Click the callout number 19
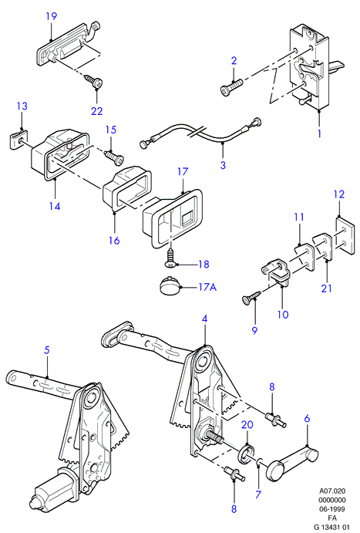pos(52,16)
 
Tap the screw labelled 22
pos(93,80)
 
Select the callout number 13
pos(22,106)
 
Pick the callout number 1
pos(319,133)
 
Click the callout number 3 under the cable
pos(223,165)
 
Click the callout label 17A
pos(207,287)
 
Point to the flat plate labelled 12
pos(345,234)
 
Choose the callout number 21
pos(326,288)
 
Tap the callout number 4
pos(204,319)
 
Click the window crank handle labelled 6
pos(293,464)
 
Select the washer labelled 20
pos(247,454)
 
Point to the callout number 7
pos(258,494)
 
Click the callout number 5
pos(47,349)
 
